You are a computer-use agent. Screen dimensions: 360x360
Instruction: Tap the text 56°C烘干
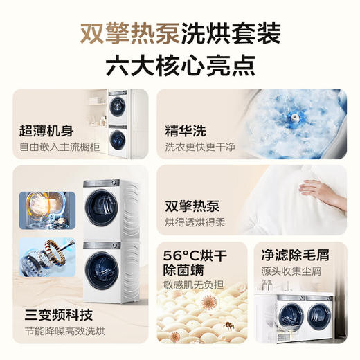coord(196,254)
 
